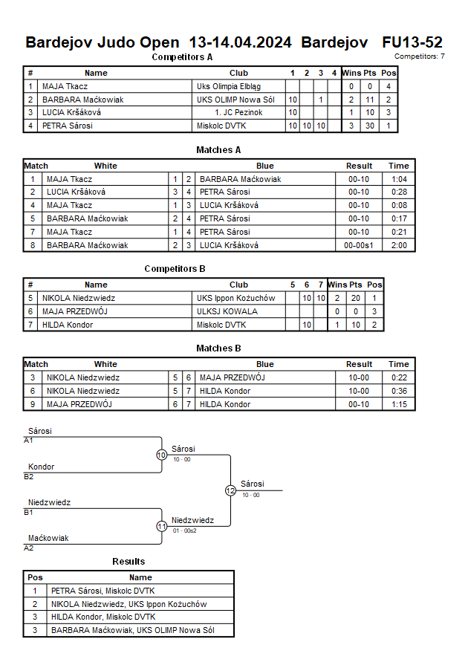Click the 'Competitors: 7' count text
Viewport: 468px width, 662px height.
click(420, 56)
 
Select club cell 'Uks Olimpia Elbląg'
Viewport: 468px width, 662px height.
click(224, 86)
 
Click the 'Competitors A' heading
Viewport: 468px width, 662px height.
click(182, 56)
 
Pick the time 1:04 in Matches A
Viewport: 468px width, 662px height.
click(399, 179)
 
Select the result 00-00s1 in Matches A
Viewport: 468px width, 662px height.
click(359, 245)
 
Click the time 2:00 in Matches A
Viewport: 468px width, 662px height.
click(399, 245)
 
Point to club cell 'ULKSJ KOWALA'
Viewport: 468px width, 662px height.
click(227, 311)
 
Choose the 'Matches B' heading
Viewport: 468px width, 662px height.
click(218, 348)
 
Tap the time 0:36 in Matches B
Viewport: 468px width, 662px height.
click(399, 391)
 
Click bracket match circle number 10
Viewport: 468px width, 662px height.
click(161, 455)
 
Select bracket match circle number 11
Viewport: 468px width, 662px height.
click(161, 526)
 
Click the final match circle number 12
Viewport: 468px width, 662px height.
click(230, 490)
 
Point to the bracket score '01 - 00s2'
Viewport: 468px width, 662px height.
click(185, 530)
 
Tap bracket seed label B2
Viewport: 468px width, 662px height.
click(29, 476)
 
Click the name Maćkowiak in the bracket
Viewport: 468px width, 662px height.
click(48, 538)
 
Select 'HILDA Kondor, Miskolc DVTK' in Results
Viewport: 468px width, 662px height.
click(103, 617)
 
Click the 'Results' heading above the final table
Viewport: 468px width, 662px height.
click(129, 561)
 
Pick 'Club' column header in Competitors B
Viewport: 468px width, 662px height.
click(239, 285)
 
